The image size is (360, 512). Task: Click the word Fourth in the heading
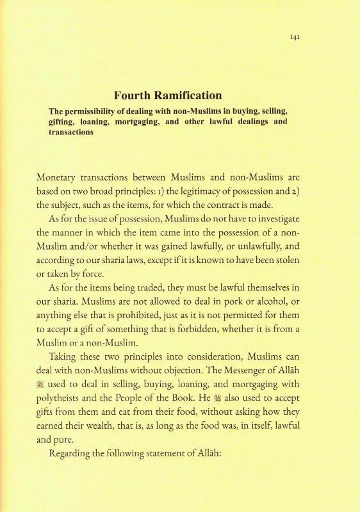(133, 96)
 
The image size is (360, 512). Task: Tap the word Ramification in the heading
(186, 96)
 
